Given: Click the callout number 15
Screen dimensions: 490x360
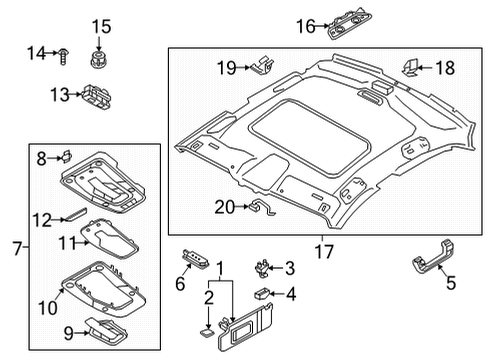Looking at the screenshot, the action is point(101,27).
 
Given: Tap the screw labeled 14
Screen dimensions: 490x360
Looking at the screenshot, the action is point(63,56).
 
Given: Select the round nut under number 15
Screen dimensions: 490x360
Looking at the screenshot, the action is point(98,59).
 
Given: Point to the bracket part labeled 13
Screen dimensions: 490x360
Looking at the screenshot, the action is point(96,96).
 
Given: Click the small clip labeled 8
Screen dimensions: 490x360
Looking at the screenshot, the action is point(67,156).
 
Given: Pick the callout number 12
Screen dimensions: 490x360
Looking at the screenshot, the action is point(42,220).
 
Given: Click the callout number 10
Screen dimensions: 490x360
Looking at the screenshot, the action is point(48,308).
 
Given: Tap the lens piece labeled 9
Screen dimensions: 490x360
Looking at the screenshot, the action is point(106,331).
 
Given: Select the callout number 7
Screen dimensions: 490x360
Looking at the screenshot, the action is point(17,248).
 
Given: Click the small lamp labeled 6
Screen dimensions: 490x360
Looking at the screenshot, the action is point(196,258).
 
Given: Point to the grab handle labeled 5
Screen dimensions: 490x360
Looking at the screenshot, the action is point(434,258).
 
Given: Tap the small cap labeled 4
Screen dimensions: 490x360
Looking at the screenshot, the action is point(263,293).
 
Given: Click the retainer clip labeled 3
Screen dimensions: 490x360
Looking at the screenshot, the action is point(262,269).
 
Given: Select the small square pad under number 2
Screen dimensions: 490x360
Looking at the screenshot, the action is point(207,332).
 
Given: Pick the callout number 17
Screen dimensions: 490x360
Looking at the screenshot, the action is point(324,251).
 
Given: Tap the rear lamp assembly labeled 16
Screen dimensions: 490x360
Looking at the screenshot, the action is point(349,22).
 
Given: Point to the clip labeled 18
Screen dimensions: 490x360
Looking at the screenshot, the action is point(410,67).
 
